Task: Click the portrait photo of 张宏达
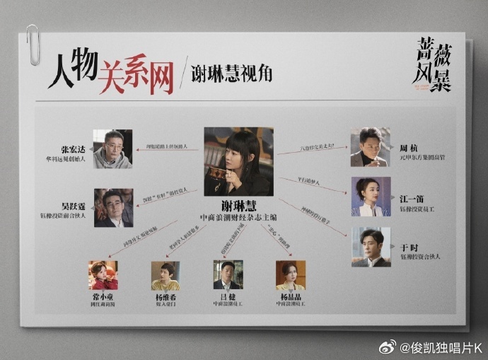113,149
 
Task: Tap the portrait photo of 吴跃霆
113,207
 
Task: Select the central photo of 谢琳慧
238,161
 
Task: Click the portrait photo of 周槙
370,147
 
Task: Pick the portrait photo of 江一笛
371,196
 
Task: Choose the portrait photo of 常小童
103,275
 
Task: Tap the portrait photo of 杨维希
165,275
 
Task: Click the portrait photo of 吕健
228,275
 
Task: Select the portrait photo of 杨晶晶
291,275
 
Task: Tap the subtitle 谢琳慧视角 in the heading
231,73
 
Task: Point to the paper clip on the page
33,45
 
